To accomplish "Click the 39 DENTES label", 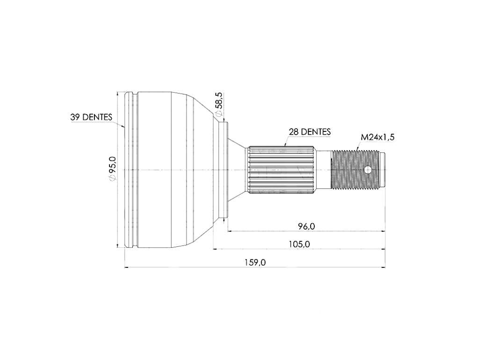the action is coord(91,117).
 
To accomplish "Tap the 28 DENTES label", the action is coord(310,132).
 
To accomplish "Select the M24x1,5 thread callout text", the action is coord(377,137).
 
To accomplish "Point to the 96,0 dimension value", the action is coord(306,226).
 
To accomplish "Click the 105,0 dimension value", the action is coord(299,244).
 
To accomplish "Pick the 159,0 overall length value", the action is coord(255,262).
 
